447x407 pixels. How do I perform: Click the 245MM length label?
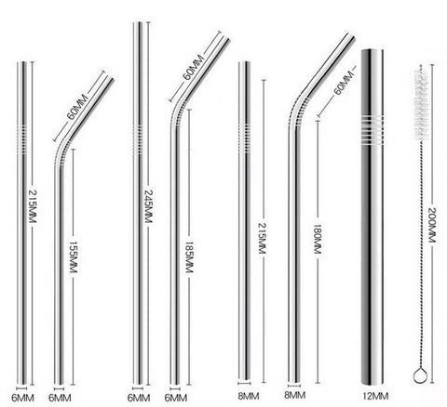[148, 206]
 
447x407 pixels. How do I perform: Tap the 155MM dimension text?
[73, 257]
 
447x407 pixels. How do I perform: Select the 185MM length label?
[189, 257]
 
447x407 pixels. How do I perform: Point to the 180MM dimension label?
[317, 240]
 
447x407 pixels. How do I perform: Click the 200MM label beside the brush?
[432, 225]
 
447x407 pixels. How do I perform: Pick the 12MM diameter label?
[375, 396]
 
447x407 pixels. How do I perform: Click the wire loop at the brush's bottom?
[421, 374]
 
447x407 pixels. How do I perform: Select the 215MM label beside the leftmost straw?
[33, 206]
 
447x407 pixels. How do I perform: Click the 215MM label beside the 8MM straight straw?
[263, 239]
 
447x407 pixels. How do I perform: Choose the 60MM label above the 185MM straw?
[193, 68]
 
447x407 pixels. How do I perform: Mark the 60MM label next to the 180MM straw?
[344, 83]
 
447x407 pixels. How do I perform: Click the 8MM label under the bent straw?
[295, 395]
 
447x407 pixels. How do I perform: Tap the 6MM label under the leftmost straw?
[22, 398]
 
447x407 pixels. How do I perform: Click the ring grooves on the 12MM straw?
[372, 130]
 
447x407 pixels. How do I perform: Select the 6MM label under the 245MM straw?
[139, 398]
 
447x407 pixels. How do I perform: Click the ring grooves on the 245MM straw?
[138, 139]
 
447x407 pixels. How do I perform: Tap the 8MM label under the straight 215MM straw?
[249, 396]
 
